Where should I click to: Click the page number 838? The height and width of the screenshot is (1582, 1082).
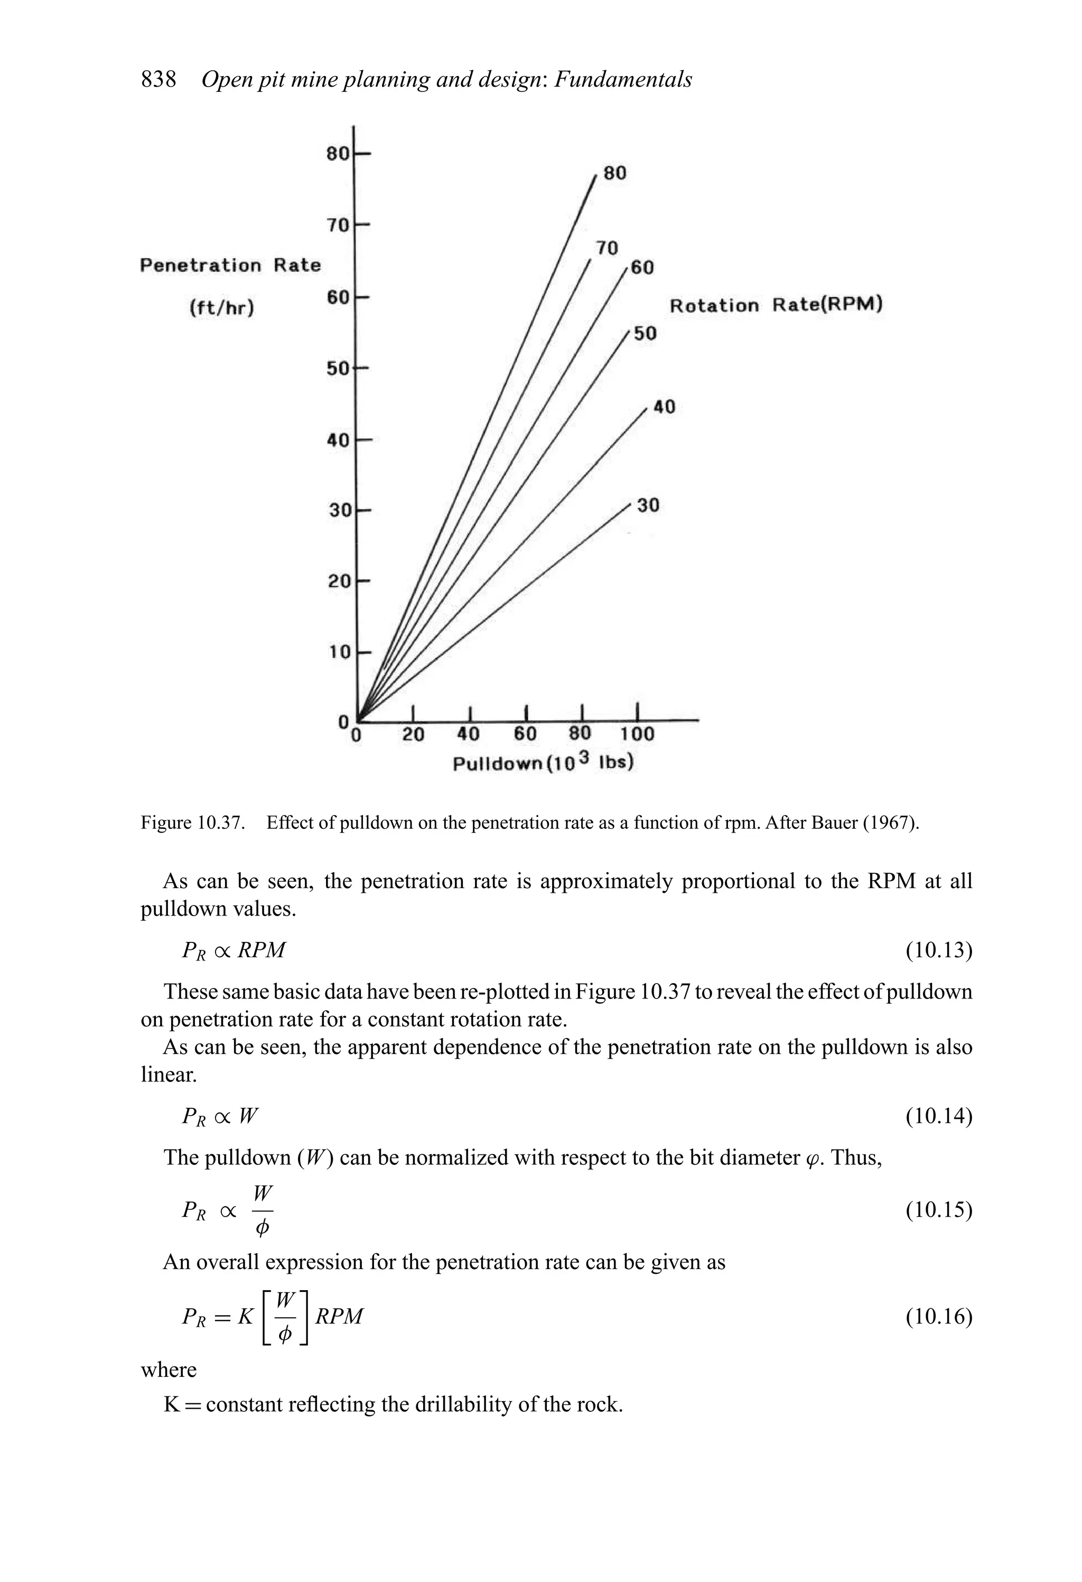tap(158, 80)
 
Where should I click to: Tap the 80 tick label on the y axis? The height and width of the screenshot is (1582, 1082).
tap(338, 153)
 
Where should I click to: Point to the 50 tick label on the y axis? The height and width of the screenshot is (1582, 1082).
tap(338, 368)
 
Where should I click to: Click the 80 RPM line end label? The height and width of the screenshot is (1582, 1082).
tap(614, 173)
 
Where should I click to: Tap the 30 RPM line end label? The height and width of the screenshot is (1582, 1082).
tap(648, 505)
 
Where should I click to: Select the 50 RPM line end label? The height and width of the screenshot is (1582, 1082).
tap(645, 334)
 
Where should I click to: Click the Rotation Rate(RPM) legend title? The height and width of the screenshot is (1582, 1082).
tap(776, 305)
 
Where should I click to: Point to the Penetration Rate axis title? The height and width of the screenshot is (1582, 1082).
tap(230, 265)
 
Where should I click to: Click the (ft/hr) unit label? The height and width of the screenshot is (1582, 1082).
tap(221, 308)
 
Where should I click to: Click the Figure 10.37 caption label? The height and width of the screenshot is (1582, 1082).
tap(193, 823)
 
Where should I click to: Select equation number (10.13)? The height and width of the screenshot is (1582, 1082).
tap(938, 950)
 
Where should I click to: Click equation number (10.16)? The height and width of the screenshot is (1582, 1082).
tap(938, 1317)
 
